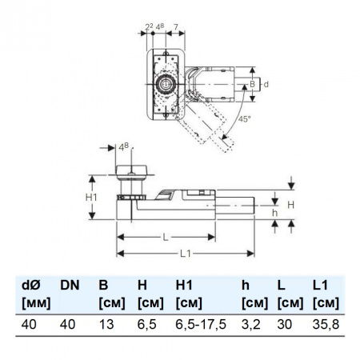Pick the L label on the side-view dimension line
click(x=166, y=238)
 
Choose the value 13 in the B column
click(x=104, y=323)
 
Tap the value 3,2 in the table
click(x=250, y=323)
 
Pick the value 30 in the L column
click(x=284, y=323)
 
